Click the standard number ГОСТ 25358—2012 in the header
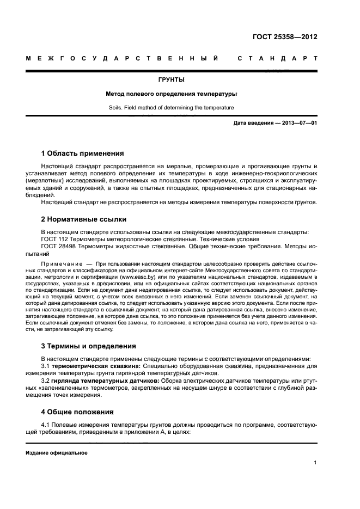[x=285, y=37]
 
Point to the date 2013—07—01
[x=297, y=123]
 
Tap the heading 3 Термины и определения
[x=89, y=346]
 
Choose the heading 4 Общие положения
[x=77, y=412]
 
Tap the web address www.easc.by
[x=136, y=277]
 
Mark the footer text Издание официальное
[x=57, y=452]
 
